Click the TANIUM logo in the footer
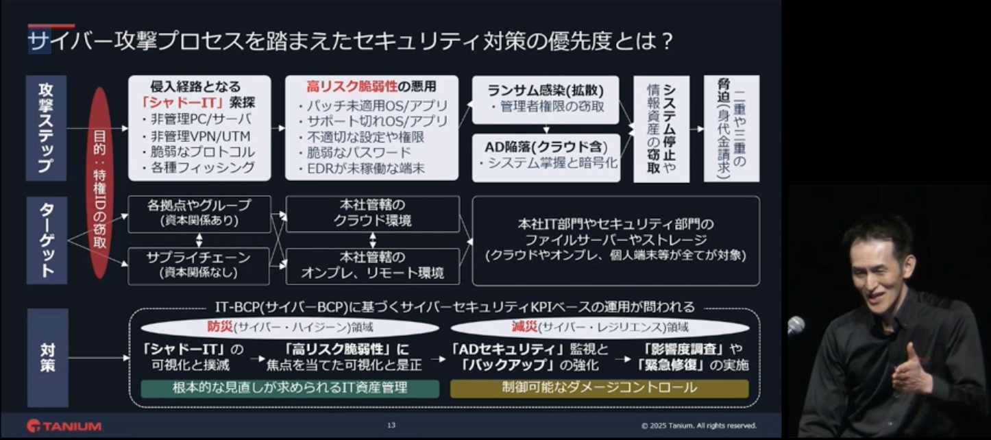[64, 426]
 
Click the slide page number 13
[391, 426]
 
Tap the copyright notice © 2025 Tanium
[699, 426]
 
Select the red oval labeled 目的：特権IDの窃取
[100, 182]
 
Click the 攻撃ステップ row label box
[46, 128]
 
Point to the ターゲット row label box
[47, 240]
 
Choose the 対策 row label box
[48, 358]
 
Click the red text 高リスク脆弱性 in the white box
[352, 86]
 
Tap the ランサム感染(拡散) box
[545, 100]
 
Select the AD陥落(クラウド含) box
[546, 158]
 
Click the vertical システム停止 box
[661, 129]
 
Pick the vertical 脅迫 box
[731, 128]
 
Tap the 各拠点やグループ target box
[199, 214]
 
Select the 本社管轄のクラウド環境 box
[373, 214]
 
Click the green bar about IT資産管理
[290, 389]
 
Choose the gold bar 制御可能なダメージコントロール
[600, 389]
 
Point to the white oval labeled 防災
[290, 328]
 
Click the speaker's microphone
[796, 326]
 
